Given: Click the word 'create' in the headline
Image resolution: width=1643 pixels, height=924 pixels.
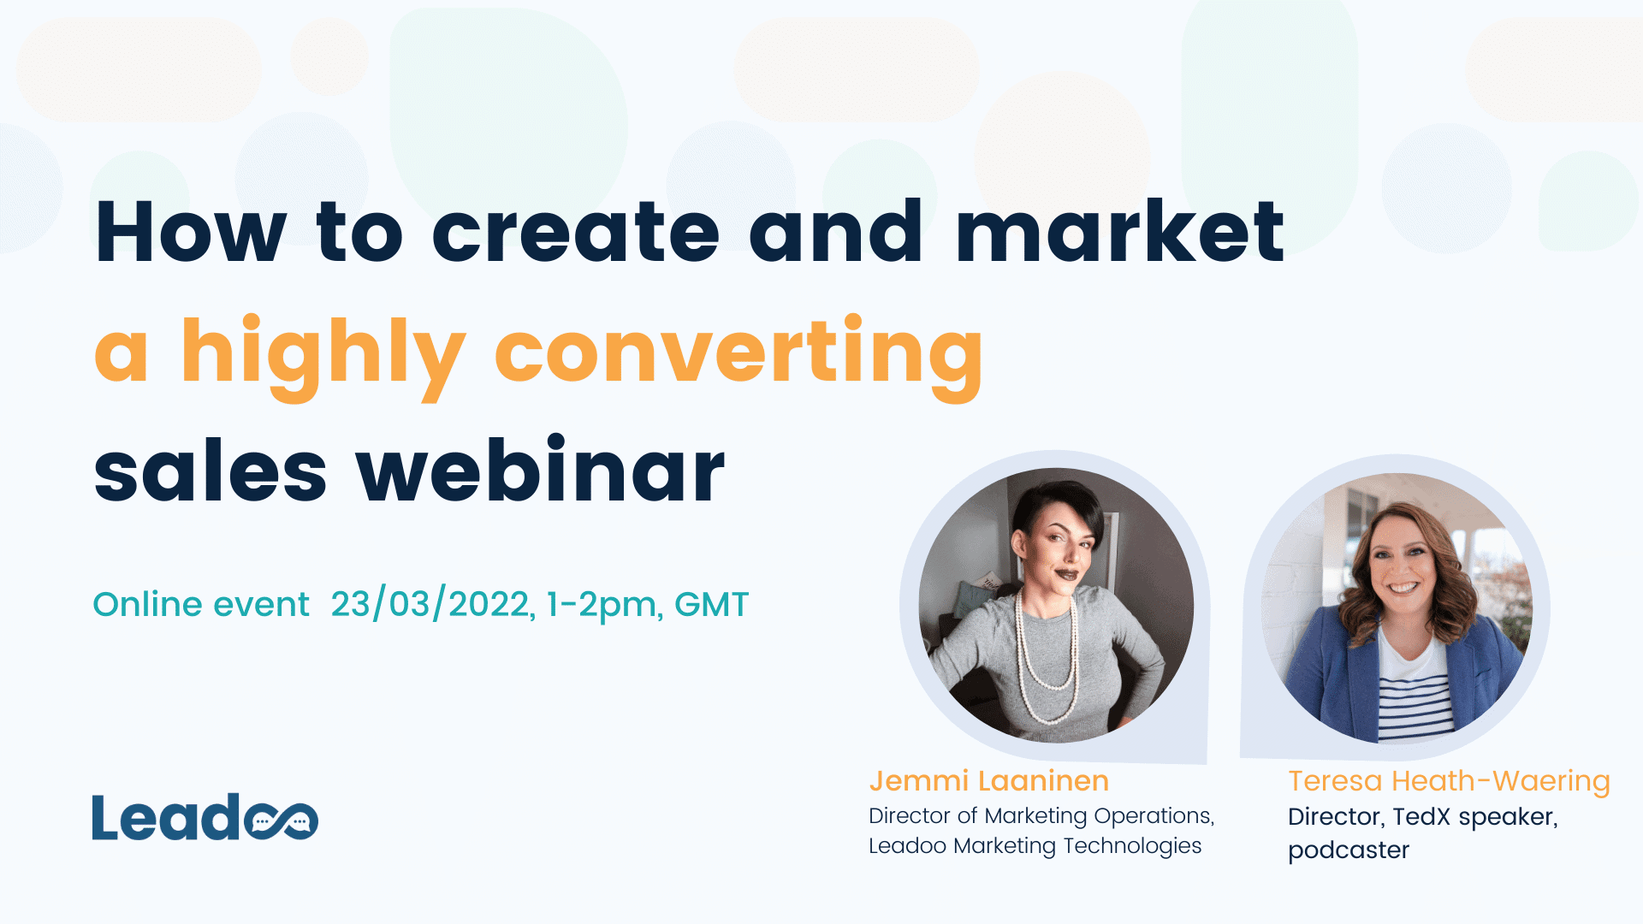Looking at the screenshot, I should pos(575,233).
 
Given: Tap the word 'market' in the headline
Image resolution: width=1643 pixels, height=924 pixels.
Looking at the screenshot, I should pos(1119,233).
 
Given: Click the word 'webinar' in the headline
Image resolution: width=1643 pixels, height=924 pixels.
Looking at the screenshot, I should pos(541,471).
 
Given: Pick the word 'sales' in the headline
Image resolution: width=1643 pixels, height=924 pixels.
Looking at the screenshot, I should pos(211,473).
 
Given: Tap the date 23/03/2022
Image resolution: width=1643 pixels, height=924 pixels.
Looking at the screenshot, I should pos(431,604).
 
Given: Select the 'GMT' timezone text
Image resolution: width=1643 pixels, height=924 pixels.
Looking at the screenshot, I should pos(711,604).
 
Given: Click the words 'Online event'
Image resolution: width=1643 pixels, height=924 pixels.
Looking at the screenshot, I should pos(201,604).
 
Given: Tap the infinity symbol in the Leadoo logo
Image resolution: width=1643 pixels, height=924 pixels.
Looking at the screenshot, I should pos(282,820).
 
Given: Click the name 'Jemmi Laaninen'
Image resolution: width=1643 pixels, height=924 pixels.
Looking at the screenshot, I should pos(988,780).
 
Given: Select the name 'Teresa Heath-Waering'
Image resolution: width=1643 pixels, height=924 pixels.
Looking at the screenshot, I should pos(1449,780).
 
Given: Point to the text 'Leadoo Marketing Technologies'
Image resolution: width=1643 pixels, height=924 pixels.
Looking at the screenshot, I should pos(1035,845).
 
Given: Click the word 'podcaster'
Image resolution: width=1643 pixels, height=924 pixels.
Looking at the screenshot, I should pos(1348,850).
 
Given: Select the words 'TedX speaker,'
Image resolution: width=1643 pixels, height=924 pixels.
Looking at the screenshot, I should pos(1474,816).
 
